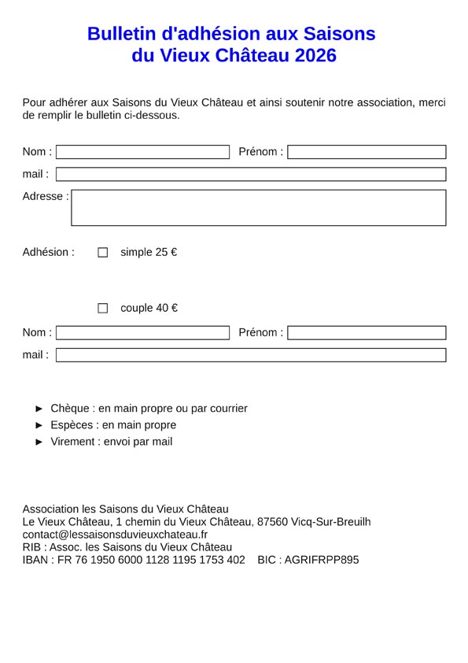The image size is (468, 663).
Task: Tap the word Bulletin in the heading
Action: (x=122, y=34)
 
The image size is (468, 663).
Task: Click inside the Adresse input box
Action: (x=259, y=208)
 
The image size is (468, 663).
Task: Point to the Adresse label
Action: (x=45, y=197)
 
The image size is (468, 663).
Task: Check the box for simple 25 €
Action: (x=102, y=253)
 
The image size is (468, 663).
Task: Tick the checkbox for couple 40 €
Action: (x=102, y=308)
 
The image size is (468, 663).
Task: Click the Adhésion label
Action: (x=48, y=253)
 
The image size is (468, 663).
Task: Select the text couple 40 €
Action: (x=149, y=308)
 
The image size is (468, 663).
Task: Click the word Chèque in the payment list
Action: (x=70, y=409)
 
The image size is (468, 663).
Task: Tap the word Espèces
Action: (x=72, y=425)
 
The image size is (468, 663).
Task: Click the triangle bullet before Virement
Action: (x=40, y=442)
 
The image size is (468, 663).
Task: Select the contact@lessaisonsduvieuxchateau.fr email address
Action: (x=115, y=535)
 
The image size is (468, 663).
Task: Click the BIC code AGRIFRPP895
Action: (x=321, y=560)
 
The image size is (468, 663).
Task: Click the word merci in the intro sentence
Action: (x=432, y=102)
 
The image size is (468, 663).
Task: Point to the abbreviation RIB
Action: (x=32, y=547)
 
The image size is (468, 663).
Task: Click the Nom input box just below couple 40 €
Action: (x=142, y=333)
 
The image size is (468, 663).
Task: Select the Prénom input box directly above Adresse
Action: (x=367, y=152)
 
